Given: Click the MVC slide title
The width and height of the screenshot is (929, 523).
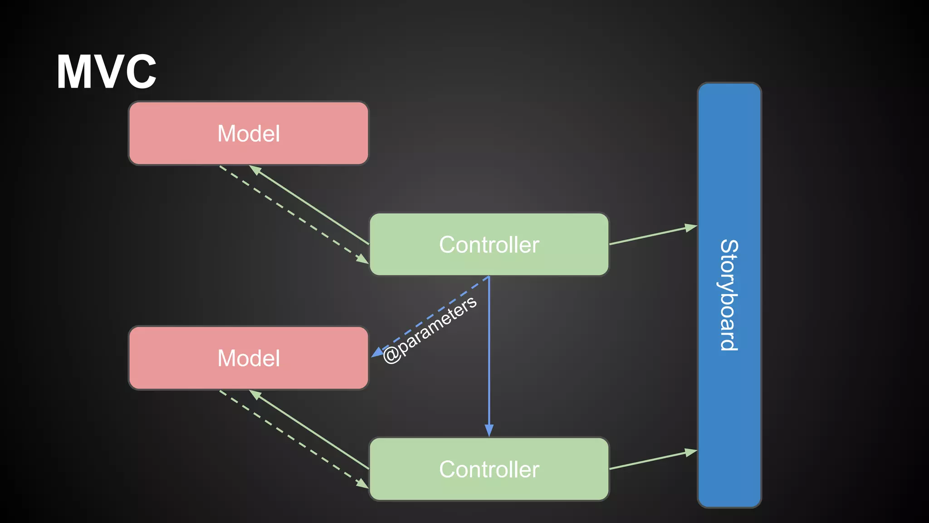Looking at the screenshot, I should point(107,72).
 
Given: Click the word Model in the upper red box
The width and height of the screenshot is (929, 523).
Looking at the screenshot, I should point(249,133).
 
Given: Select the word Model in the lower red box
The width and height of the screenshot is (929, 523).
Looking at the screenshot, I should point(249,358).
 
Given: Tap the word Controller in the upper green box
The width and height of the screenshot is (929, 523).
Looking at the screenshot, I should point(489,245).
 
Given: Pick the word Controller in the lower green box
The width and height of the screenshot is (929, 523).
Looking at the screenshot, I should point(489,469).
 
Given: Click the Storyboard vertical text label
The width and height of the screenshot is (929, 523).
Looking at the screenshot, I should point(729,295).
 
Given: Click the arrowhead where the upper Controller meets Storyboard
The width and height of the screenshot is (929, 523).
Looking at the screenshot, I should point(691,227).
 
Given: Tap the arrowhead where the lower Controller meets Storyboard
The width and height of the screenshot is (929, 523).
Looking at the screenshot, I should point(691,452).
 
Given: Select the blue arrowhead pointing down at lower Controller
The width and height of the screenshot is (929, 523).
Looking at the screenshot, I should point(489,430).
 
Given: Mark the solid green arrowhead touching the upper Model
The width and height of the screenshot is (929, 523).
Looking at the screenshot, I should point(255,170).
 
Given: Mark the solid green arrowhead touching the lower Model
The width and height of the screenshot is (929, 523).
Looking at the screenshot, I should point(255,395).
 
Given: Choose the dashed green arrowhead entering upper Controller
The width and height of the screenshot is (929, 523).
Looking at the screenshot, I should point(362,259).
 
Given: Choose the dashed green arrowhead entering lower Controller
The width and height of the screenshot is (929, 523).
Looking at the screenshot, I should point(362,484).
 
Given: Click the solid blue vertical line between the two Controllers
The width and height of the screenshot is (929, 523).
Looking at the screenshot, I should point(489,354).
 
